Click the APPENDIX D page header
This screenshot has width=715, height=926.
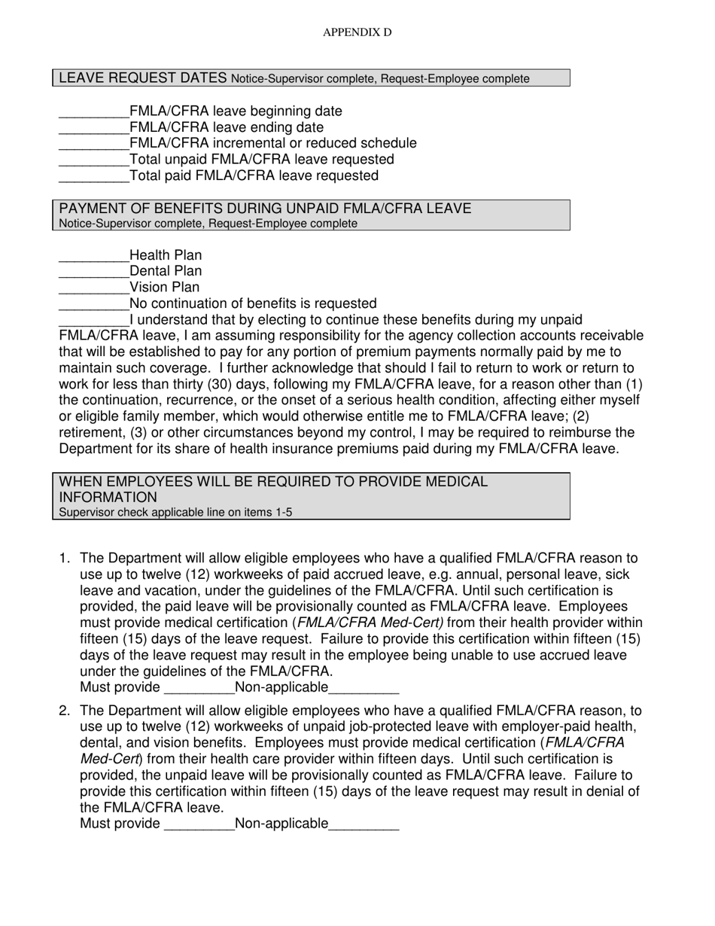tap(357, 32)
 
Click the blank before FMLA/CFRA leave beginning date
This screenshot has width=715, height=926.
tap(94, 112)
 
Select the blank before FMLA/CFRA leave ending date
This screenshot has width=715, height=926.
tap(94, 128)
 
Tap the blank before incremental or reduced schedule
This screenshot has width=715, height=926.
tap(94, 144)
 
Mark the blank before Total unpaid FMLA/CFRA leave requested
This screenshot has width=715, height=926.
tap(94, 160)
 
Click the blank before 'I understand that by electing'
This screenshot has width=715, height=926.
tap(94, 321)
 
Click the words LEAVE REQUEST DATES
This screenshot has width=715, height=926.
tap(143, 78)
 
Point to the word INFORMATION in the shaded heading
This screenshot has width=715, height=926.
tap(108, 498)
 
